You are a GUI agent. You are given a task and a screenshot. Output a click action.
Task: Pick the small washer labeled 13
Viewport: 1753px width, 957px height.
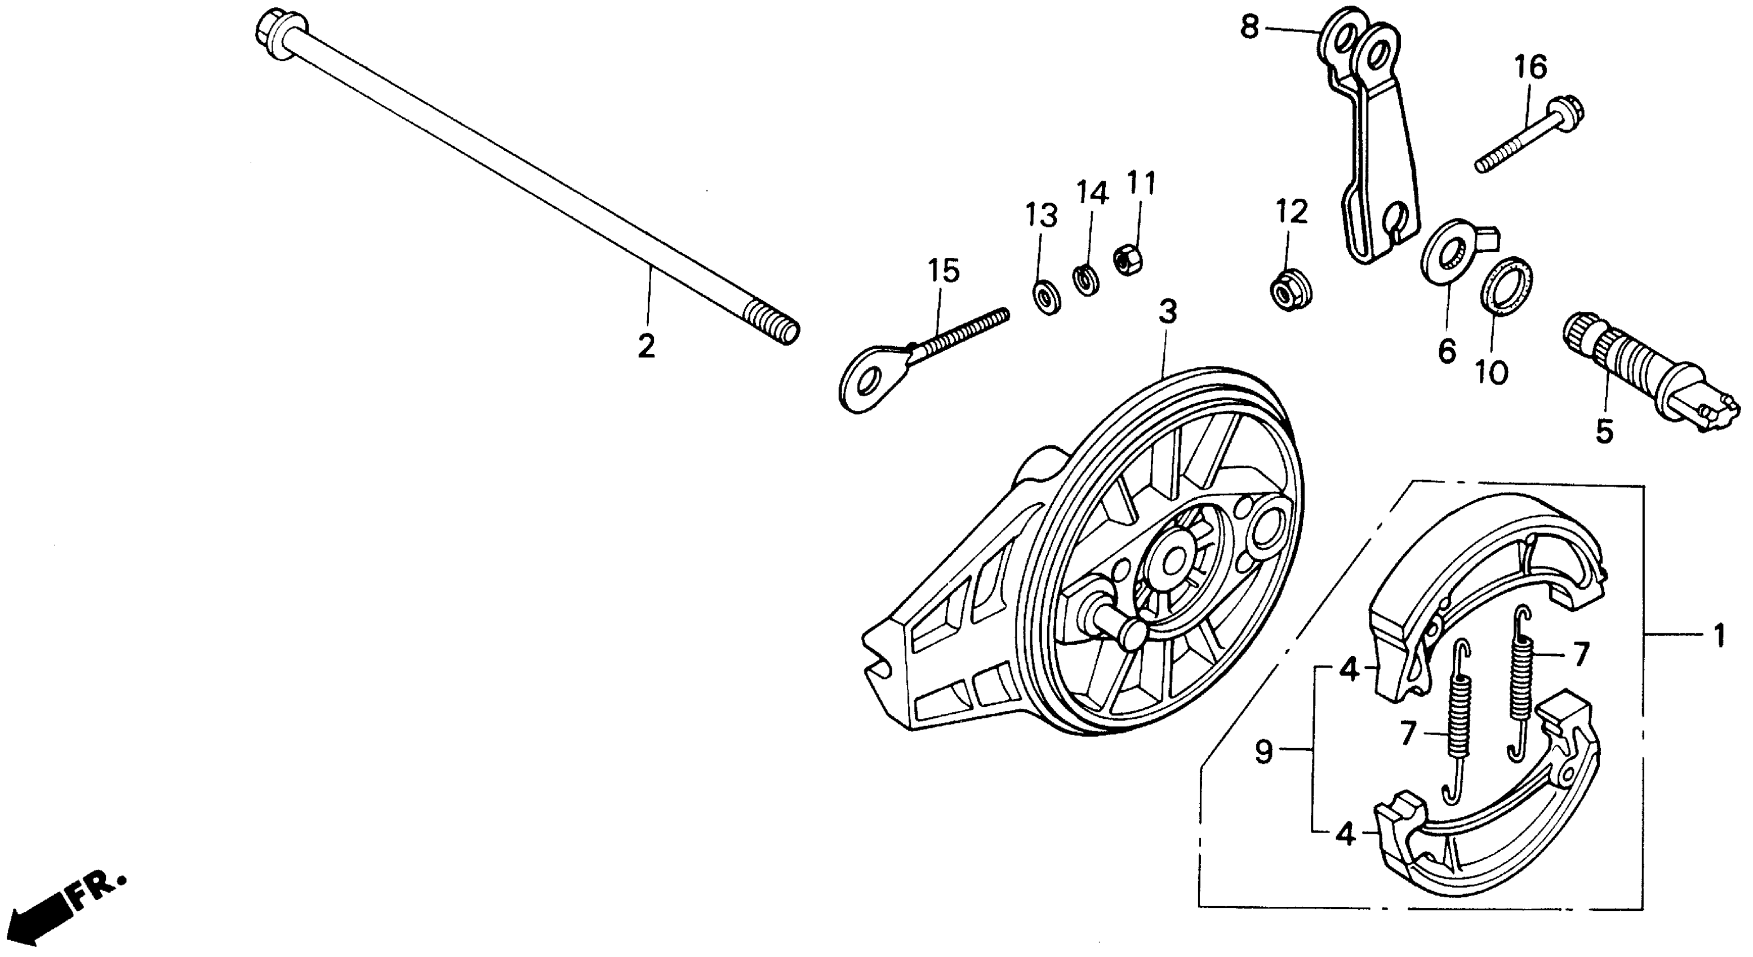coord(1045,298)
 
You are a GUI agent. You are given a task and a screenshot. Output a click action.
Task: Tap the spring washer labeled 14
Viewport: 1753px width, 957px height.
coord(1086,280)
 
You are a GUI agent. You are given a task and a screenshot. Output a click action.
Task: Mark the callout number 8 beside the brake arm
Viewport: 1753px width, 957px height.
coord(1250,29)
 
